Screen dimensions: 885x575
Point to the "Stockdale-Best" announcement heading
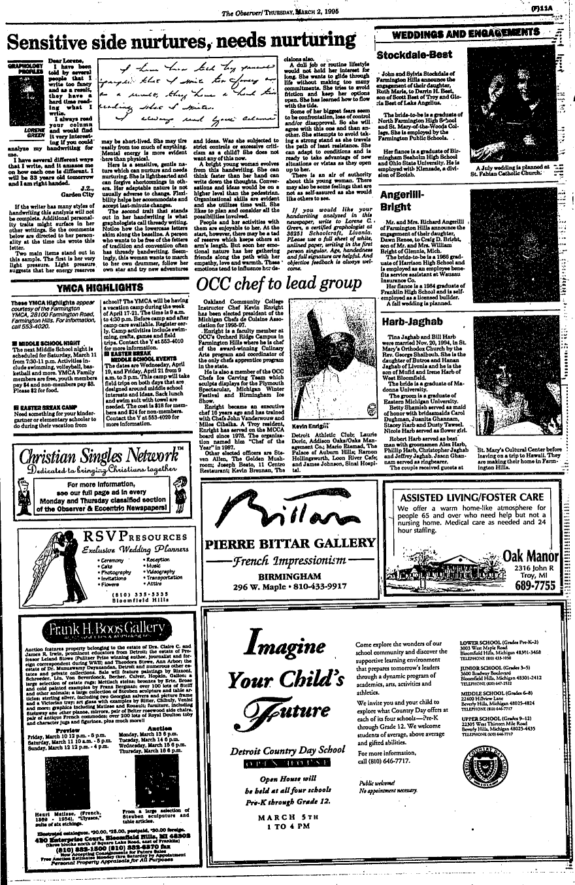click(412, 54)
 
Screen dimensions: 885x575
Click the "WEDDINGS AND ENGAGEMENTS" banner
click(469, 35)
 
